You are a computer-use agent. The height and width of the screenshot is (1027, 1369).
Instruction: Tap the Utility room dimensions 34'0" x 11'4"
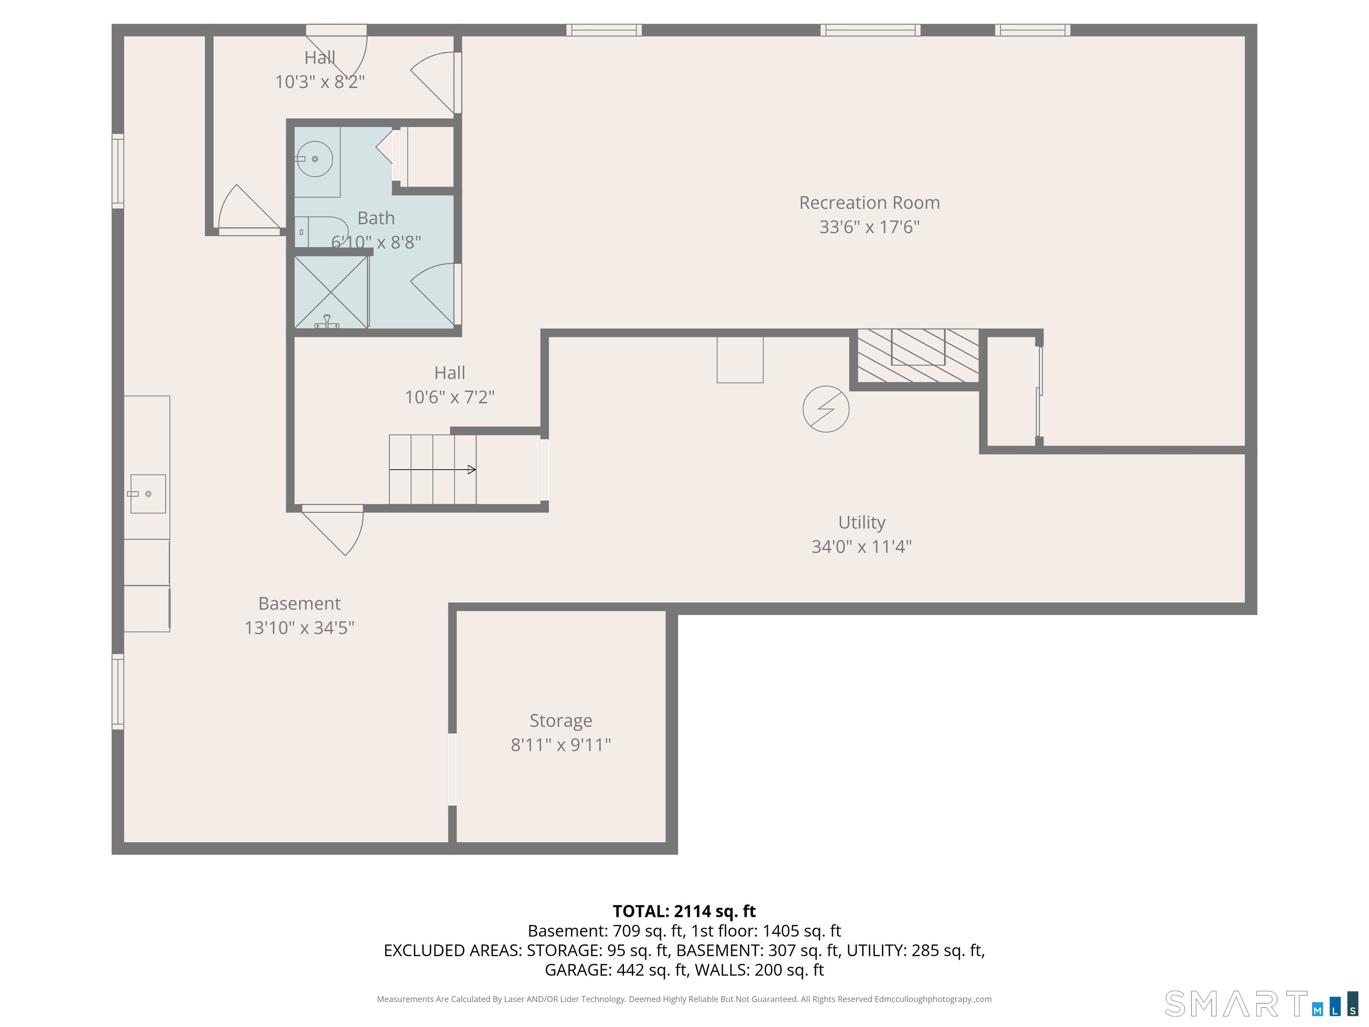861,546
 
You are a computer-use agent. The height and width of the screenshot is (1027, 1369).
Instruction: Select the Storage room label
561,721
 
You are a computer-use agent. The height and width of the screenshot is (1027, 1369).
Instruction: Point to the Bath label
376,218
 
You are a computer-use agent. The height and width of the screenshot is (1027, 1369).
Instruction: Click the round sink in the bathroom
315,159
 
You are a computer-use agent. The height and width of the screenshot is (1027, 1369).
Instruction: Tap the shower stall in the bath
331,292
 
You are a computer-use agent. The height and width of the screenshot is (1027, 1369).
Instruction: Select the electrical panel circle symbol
826,409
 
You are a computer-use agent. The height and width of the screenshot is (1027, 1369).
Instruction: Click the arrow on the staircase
433,470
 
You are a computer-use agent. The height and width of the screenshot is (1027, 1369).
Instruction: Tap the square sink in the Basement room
148,494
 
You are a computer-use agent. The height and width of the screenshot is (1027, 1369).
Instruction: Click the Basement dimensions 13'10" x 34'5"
299,628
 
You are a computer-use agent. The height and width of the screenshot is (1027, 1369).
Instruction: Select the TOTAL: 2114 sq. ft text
684,911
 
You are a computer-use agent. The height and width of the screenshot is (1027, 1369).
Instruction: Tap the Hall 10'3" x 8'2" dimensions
320,82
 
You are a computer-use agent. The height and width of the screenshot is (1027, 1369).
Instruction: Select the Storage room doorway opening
452,769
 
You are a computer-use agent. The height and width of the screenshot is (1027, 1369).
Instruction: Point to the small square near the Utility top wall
740,360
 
